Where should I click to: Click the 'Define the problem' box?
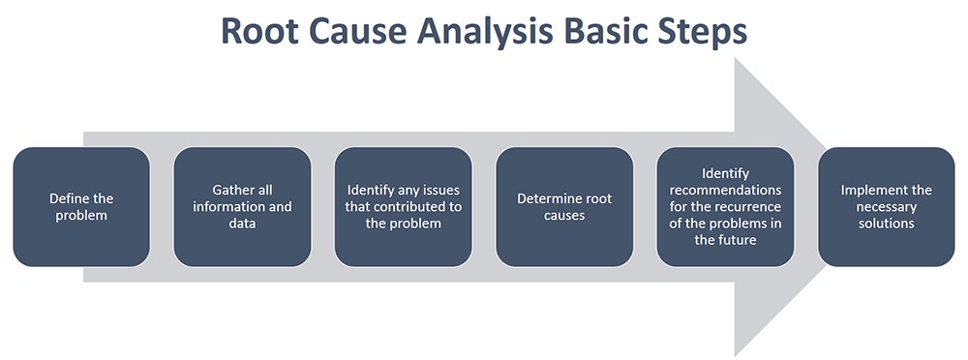point(81,206)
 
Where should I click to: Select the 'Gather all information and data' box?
point(242,206)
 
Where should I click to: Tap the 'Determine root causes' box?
point(564,206)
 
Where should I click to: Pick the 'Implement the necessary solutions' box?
point(886,206)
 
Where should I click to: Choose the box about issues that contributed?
point(404,206)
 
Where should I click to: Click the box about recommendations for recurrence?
point(725,206)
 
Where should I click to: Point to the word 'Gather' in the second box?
point(233,190)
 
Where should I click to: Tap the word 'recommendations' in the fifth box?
point(725,190)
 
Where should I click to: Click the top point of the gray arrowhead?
point(738,59)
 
